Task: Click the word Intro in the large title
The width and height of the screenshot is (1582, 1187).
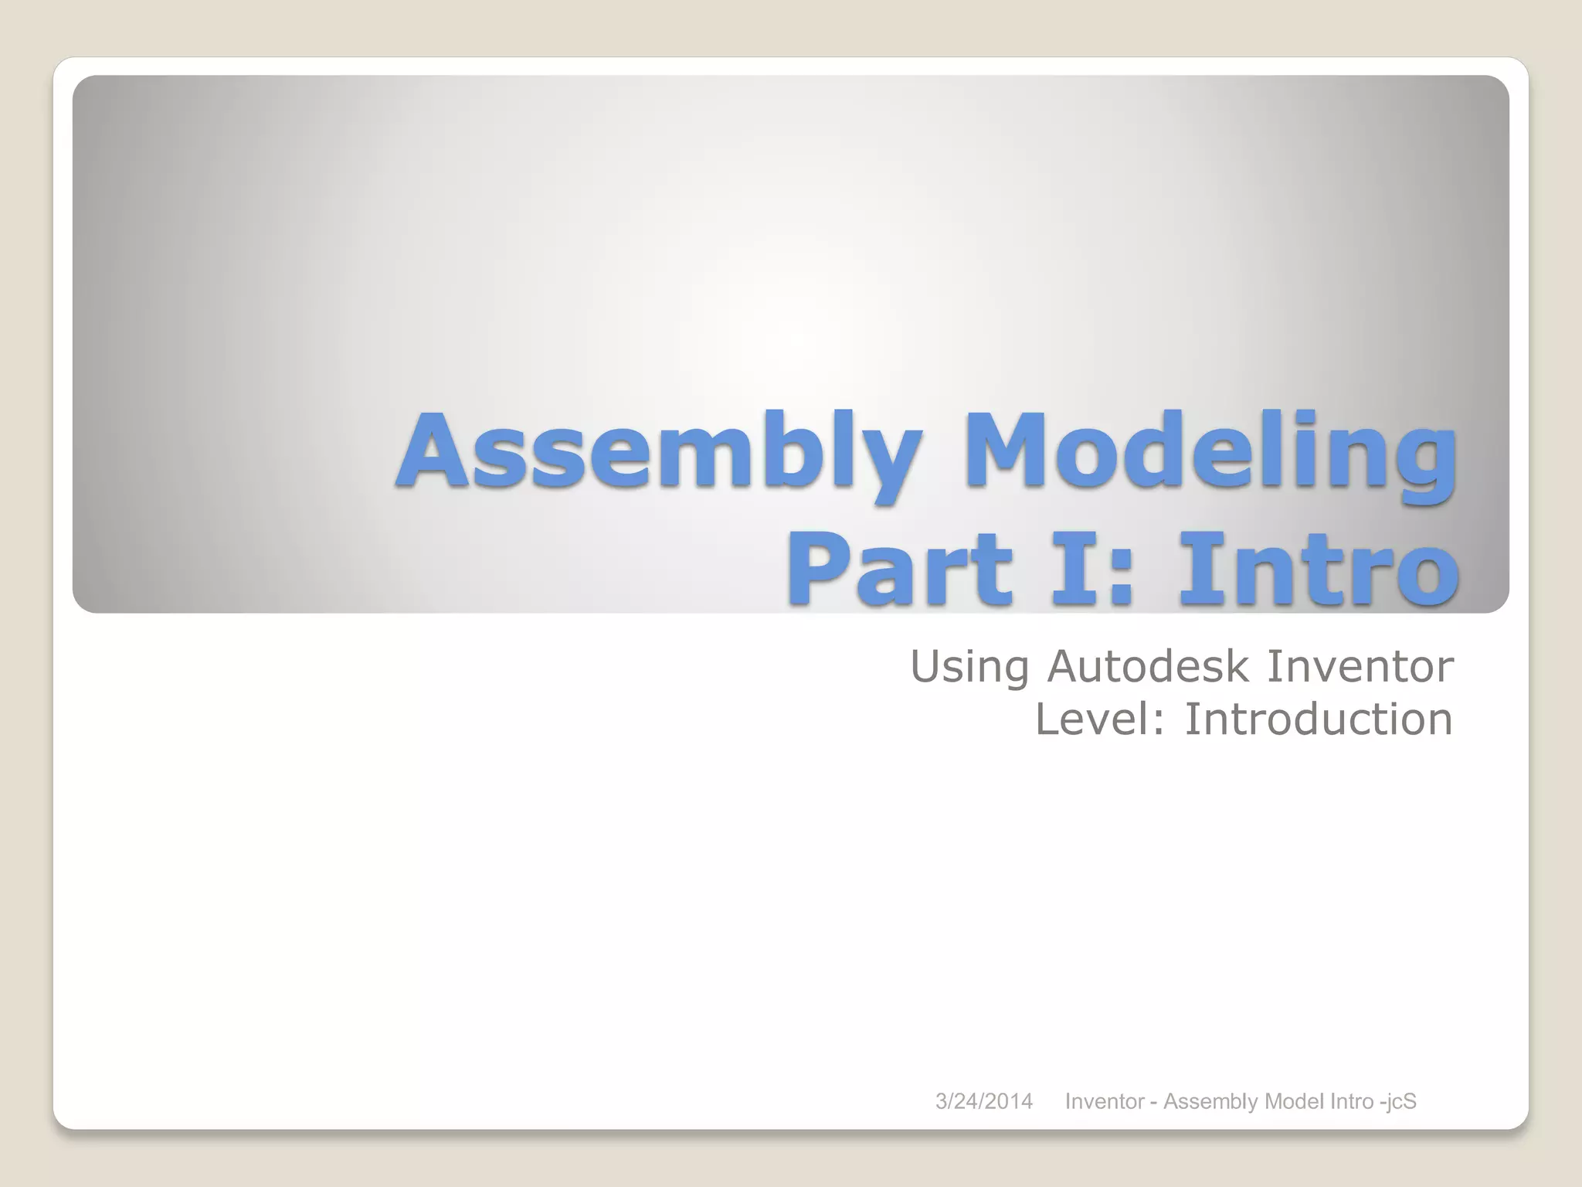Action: tap(1318, 570)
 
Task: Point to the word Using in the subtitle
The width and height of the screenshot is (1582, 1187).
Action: tap(969, 667)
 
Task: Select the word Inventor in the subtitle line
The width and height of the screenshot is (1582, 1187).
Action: tap(1360, 666)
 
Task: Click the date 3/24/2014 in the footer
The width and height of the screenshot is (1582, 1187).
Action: tap(983, 1101)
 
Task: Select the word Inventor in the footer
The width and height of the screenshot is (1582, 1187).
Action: tap(1104, 1101)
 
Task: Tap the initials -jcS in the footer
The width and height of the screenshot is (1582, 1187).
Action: tap(1398, 1101)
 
